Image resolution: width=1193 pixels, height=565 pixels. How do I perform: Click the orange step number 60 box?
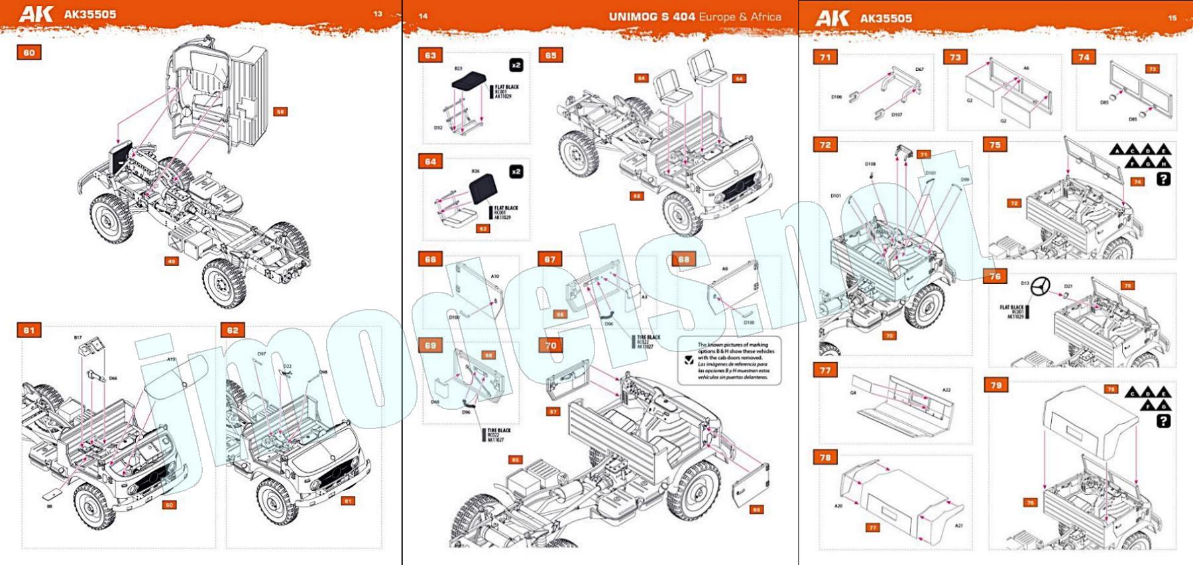(28, 52)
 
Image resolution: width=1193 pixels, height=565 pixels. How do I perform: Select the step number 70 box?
(551, 345)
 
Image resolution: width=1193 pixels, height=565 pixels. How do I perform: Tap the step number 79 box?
(996, 385)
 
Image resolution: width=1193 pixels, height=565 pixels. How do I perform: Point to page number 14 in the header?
(423, 16)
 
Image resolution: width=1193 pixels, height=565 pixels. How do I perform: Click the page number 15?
(1172, 18)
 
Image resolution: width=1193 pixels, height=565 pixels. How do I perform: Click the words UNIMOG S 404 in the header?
(652, 17)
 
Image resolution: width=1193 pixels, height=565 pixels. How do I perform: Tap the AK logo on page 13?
(35, 14)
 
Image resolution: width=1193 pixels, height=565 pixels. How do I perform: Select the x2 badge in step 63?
(516, 65)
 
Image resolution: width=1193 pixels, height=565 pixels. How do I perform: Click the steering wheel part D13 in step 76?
(1040, 287)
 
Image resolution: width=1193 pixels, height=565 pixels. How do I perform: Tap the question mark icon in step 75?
(1163, 178)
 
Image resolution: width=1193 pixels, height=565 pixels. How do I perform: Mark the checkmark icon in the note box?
(689, 359)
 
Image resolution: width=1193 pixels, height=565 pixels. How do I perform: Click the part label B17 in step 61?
(78, 338)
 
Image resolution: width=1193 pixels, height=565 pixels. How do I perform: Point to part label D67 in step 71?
(919, 69)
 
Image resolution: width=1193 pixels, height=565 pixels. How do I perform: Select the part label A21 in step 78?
(959, 526)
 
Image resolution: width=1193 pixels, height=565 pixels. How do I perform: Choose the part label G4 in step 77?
(853, 393)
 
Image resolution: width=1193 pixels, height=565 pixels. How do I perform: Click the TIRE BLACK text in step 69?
(499, 430)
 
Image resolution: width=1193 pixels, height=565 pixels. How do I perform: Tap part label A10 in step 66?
(494, 276)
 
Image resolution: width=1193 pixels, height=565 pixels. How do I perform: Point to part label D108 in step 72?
(870, 164)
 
